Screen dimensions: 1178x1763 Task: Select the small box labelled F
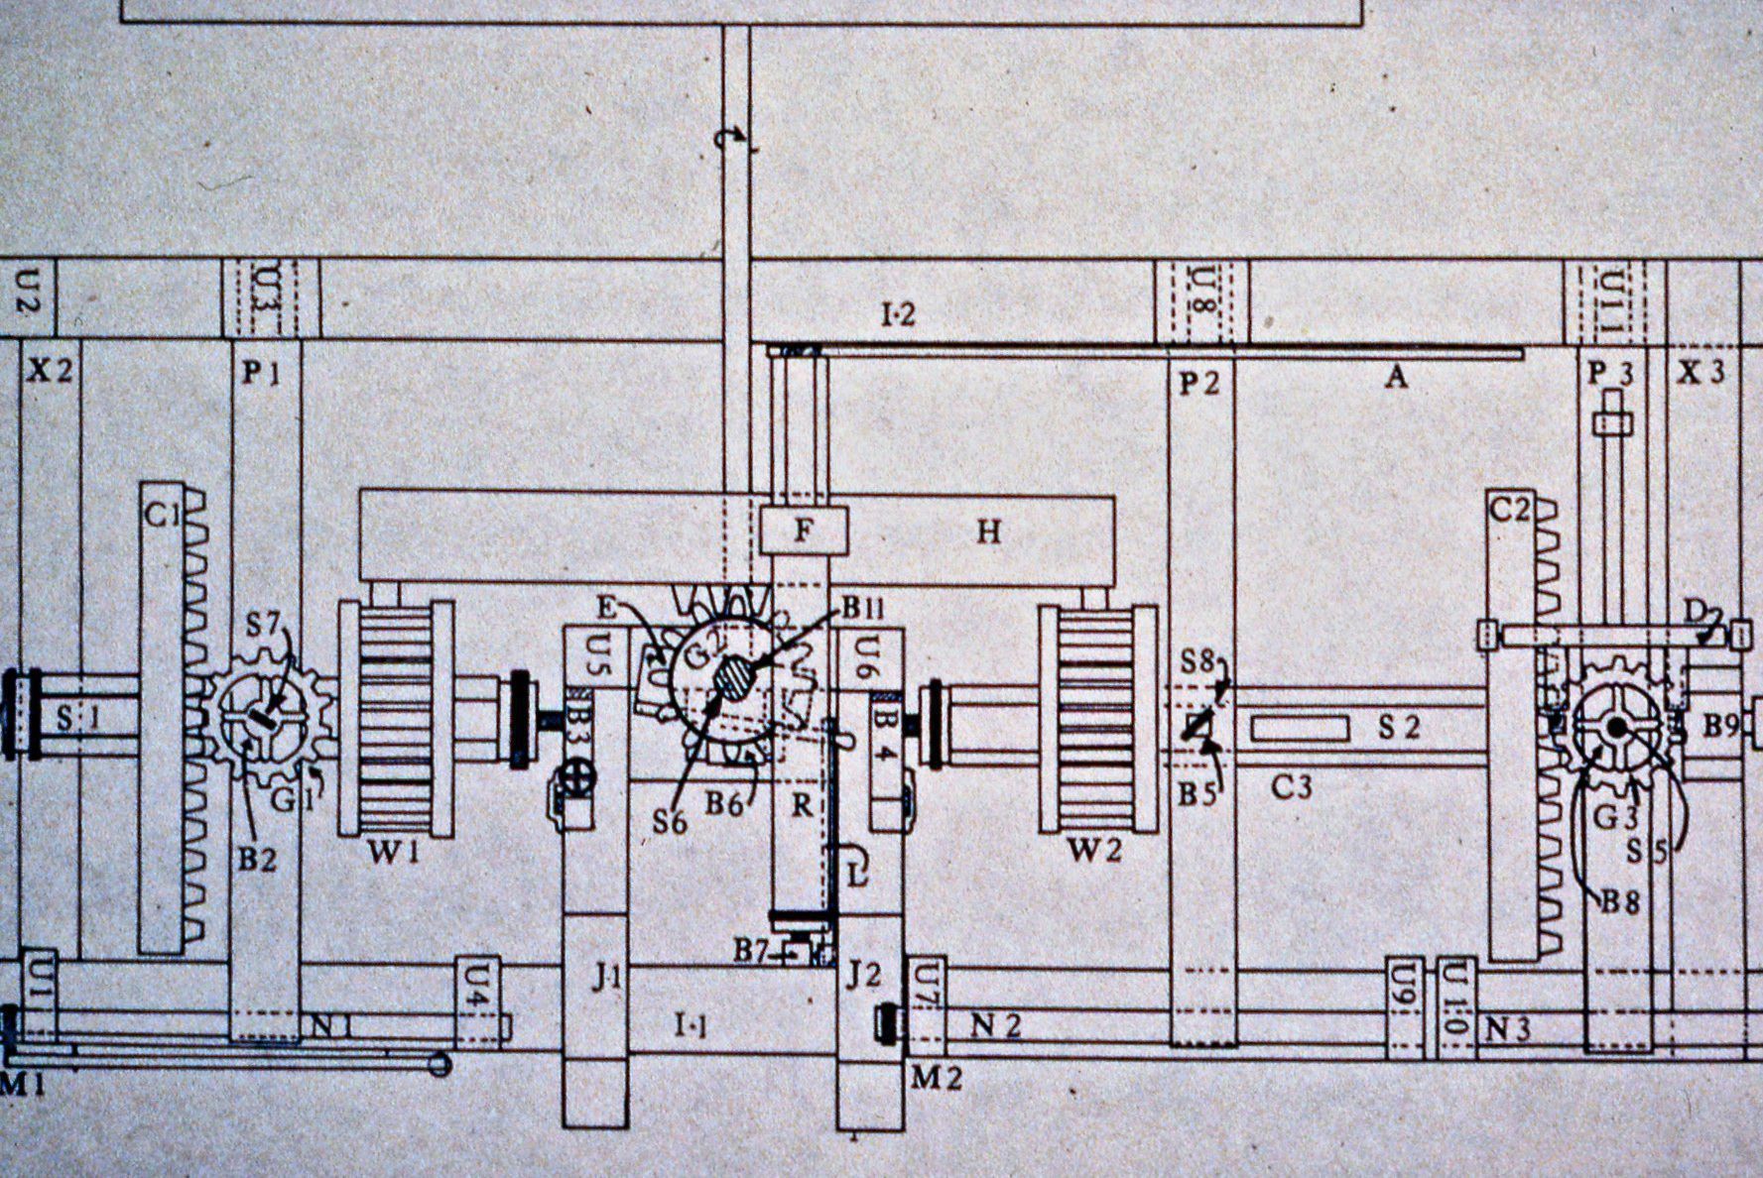804,530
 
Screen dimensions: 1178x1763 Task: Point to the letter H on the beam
988,532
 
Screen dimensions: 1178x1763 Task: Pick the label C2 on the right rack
1510,511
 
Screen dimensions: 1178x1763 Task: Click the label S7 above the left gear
264,626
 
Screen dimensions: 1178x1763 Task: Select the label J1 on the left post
606,979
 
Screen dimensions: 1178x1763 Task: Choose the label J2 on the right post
863,976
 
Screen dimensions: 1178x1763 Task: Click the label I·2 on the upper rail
899,315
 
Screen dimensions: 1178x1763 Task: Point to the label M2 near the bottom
936,1078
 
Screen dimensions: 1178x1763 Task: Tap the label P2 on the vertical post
1198,383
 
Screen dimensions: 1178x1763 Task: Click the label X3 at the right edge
1700,373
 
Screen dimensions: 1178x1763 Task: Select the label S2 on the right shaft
1399,728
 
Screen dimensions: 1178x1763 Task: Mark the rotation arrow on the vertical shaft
732,142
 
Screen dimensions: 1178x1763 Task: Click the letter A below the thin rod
1396,377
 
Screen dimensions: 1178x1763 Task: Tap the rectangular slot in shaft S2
1300,729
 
